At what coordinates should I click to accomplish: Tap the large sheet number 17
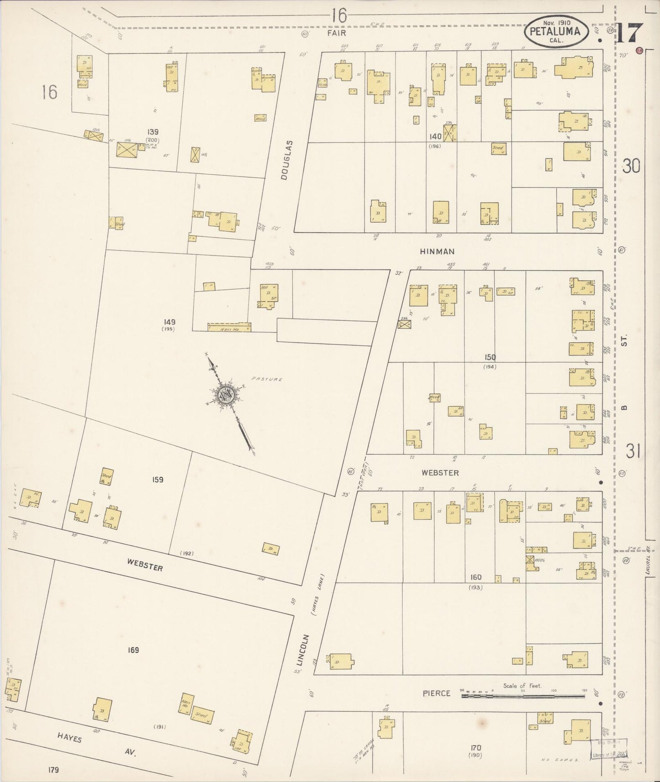[629, 32]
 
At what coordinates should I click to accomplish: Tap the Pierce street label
[436, 693]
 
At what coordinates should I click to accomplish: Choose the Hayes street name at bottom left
[70, 738]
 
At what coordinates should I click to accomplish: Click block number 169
[133, 650]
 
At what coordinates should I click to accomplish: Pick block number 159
[158, 480]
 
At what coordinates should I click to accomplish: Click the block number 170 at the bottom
[475, 748]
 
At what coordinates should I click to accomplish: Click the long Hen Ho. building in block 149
[229, 327]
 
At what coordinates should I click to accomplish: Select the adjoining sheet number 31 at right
[633, 452]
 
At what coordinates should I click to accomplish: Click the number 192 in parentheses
[186, 553]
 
